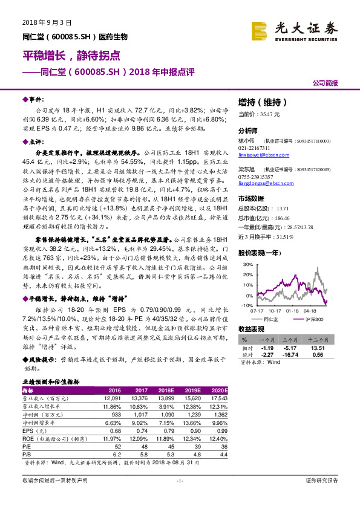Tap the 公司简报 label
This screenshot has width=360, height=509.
(325, 83)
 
